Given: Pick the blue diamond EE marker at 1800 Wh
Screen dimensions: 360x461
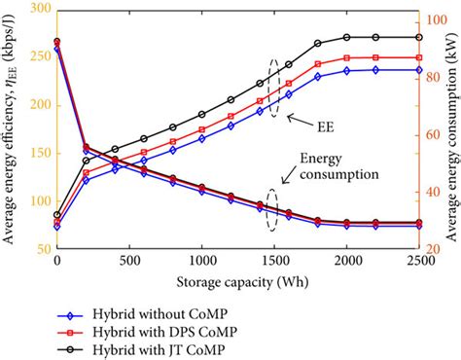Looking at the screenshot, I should tap(317, 76).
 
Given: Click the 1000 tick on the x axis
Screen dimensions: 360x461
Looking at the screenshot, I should tap(201, 264).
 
